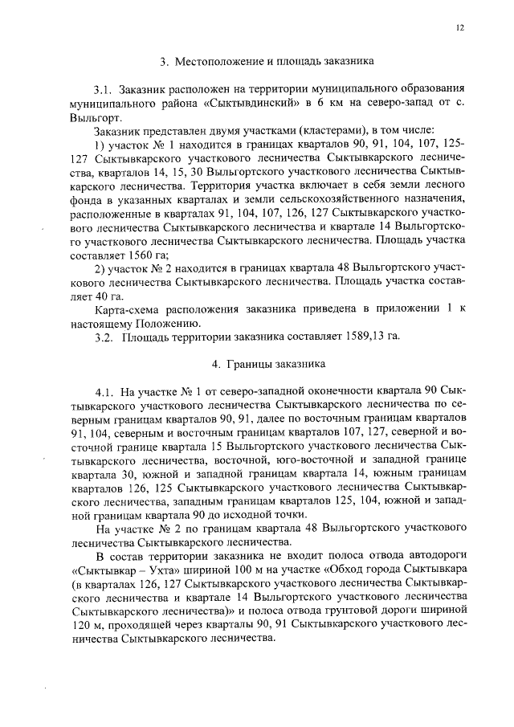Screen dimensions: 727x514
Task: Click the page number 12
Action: tap(460, 27)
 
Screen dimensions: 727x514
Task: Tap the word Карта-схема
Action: tap(126, 308)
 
